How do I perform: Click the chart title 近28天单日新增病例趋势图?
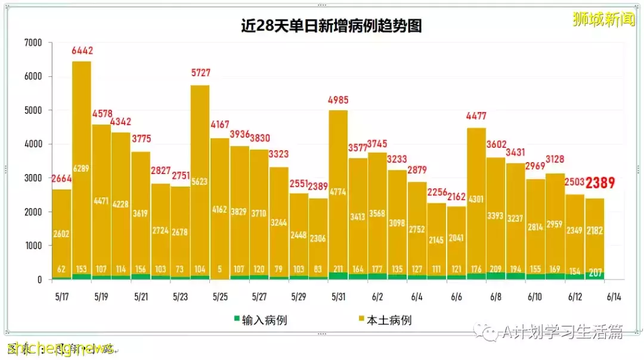coord(331,26)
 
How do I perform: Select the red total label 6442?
coord(82,51)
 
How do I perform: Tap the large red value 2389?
coord(600,183)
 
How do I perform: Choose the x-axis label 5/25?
coord(219,296)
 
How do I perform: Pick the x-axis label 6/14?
coord(614,296)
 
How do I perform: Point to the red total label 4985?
coord(338,100)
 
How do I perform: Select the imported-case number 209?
coord(496,269)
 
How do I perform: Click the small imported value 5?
coord(220,269)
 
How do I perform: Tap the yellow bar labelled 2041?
coord(456,238)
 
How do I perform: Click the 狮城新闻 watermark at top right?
coord(603,20)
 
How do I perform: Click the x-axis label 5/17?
coord(62,296)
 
